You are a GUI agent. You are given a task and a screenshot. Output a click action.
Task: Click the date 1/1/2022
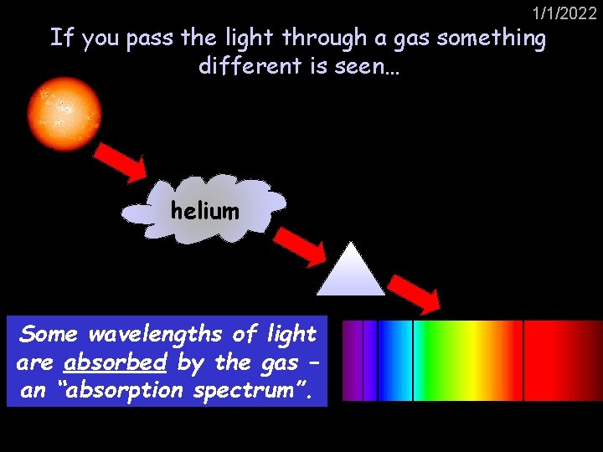[564, 13]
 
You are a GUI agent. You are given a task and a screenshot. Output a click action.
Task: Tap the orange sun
[64, 114]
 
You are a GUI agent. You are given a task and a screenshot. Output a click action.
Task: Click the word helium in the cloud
[204, 211]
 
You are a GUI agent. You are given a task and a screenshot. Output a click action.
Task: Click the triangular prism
[350, 271]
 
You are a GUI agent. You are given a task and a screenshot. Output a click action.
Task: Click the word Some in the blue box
[49, 334]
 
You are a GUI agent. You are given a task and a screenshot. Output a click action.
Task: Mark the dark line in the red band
[523, 360]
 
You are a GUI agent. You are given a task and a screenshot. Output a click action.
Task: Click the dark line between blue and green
[413, 360]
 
